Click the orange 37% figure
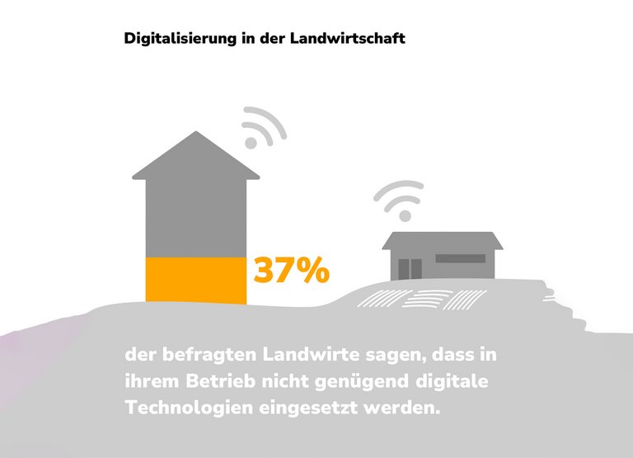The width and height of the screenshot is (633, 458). click(290, 271)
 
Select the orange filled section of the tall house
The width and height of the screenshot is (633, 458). click(195, 281)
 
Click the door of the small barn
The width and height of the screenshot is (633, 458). click(410, 268)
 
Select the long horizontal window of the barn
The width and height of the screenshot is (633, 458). click(460, 258)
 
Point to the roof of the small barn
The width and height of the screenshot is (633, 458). click(442, 240)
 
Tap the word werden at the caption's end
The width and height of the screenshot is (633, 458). click(406, 408)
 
